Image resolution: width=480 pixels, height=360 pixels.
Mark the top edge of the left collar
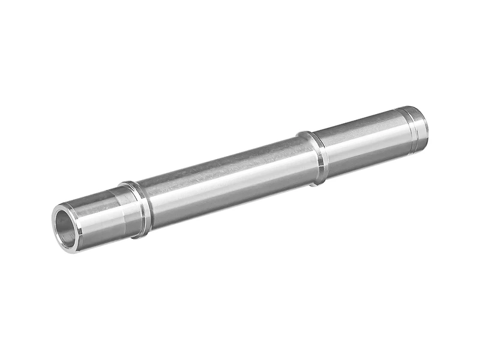pos(128,183)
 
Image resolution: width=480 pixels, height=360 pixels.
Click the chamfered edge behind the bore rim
pos(75,210)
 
